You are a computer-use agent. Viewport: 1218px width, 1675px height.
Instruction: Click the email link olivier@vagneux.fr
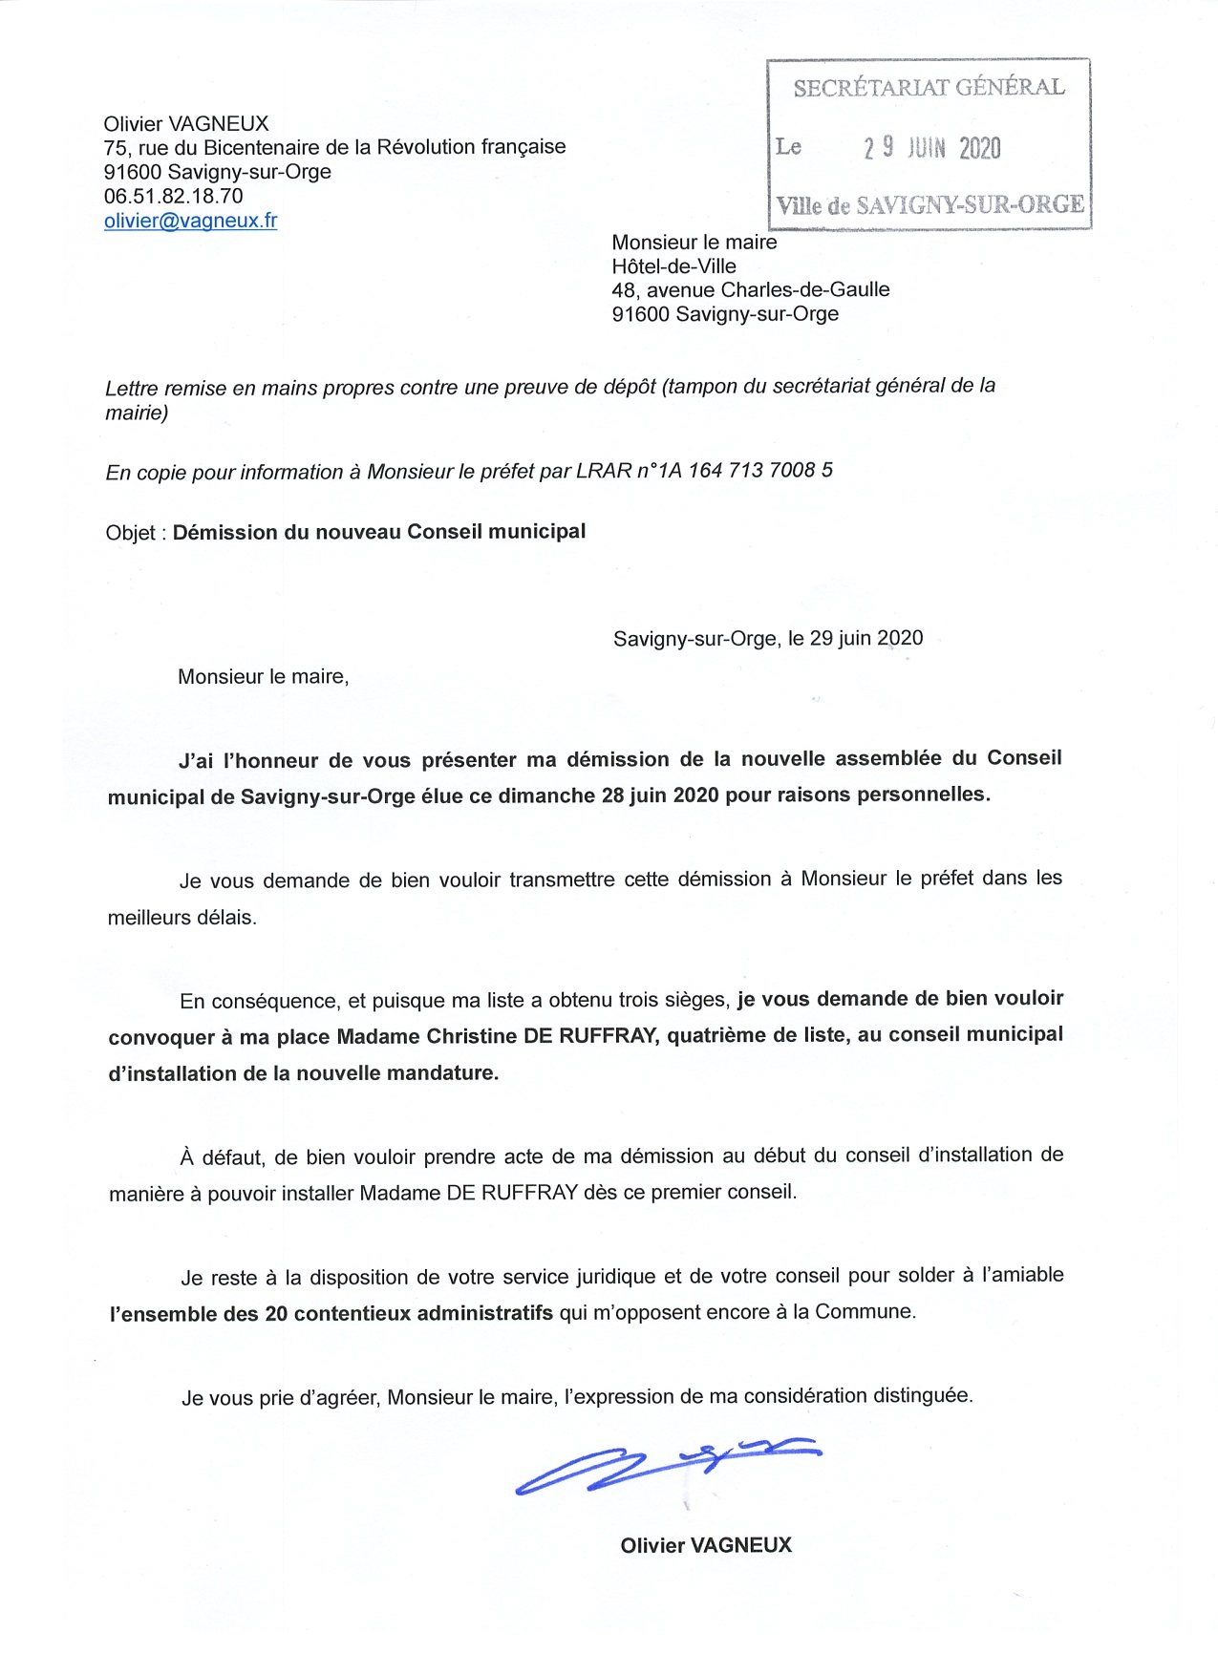190,221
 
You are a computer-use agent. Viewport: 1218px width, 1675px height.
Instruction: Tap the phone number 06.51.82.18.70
173,197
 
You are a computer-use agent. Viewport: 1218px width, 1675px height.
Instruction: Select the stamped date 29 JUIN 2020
931,148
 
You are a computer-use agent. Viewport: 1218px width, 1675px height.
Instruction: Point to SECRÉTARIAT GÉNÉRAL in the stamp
929,88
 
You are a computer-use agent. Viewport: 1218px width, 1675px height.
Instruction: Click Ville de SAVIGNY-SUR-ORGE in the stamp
930,205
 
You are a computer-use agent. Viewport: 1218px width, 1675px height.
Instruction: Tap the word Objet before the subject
130,533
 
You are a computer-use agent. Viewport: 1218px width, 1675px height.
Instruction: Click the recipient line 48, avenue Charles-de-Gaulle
750,289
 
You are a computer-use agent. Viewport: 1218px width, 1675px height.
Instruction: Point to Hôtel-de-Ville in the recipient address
673,266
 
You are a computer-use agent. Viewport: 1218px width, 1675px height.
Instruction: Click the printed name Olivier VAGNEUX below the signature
705,1545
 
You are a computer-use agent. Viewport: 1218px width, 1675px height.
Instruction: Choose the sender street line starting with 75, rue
334,147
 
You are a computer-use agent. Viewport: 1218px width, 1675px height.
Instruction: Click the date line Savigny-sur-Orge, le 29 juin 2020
767,638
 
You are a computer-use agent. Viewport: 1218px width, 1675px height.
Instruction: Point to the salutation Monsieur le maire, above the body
263,677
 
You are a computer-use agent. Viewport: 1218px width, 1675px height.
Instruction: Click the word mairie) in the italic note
137,413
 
